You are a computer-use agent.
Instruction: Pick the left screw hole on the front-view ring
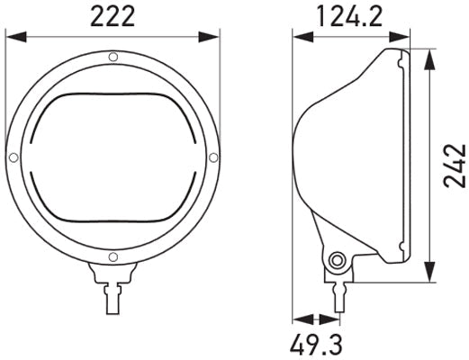[x=13, y=157]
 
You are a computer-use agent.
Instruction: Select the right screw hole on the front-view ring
[x=212, y=157]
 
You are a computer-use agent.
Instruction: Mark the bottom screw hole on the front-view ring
[x=113, y=257]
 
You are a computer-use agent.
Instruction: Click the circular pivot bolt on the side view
[x=338, y=261]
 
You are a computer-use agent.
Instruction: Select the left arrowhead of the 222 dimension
[x=11, y=37]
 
